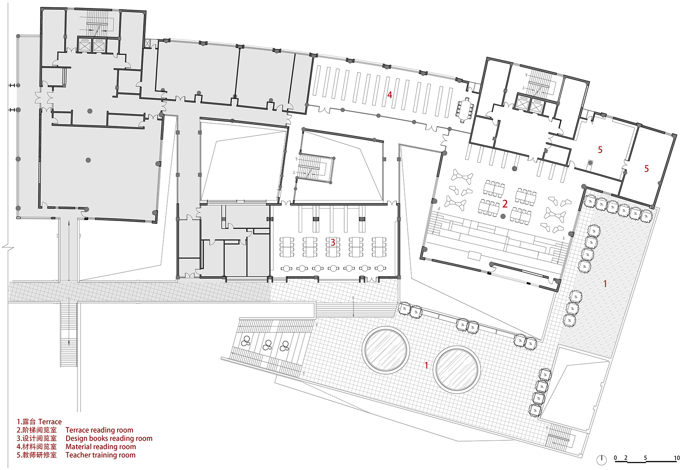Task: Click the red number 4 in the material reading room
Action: [x=390, y=95]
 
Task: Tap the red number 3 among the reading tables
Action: [x=333, y=242]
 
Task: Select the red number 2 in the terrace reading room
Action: [x=505, y=204]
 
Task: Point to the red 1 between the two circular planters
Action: [x=426, y=365]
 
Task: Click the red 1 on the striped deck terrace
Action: [x=605, y=284]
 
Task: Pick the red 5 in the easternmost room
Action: [x=646, y=169]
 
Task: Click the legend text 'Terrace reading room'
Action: [x=99, y=430]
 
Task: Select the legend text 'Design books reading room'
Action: [x=109, y=438]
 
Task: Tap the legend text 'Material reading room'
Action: [x=101, y=447]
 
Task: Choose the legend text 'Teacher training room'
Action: [x=100, y=455]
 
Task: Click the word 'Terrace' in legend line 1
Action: [x=50, y=421]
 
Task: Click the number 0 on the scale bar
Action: [x=615, y=458]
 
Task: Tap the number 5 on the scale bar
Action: [x=645, y=458]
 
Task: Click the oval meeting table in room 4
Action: [x=465, y=109]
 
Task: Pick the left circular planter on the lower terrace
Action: [x=386, y=350]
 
